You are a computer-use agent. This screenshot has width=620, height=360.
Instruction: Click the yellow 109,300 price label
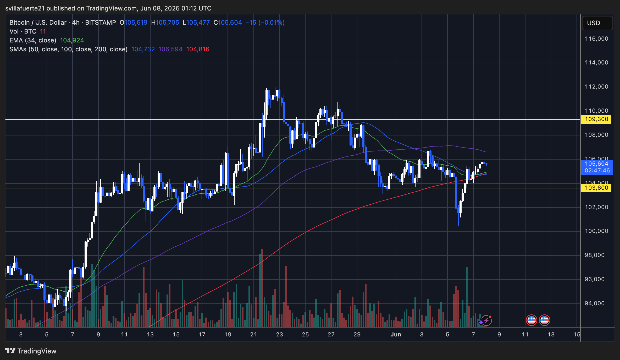(596, 119)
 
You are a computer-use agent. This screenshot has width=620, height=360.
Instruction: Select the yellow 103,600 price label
(596, 188)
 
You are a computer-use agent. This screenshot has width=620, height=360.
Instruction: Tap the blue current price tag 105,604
(596, 164)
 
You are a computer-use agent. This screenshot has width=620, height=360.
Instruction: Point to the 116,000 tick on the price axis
(596, 39)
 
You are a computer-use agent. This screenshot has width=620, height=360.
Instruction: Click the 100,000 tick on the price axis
(596, 231)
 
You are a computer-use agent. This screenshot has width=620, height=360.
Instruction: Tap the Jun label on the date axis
(396, 334)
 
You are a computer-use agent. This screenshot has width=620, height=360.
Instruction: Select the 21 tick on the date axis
(253, 334)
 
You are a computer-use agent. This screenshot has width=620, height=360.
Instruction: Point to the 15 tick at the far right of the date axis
(577, 334)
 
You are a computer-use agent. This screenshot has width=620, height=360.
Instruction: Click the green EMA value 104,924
(72, 40)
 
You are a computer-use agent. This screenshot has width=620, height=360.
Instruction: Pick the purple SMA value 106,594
(170, 49)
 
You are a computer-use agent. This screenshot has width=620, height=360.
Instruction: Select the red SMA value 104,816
(198, 49)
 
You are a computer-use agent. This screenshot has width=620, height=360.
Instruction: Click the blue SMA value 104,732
(143, 49)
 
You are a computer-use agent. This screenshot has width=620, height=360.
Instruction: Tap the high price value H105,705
(165, 23)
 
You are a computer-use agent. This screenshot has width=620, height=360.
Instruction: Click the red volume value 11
(43, 31)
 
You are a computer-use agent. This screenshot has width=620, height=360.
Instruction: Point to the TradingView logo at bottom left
(31, 351)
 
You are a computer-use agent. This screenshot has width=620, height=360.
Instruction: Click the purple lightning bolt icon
(486, 320)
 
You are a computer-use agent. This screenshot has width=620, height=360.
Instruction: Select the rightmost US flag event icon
(544, 320)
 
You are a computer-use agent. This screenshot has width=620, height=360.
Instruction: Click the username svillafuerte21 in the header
(25, 8)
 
